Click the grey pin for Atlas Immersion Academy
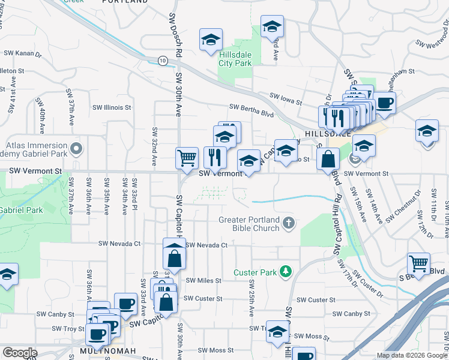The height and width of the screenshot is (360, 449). click(76, 148)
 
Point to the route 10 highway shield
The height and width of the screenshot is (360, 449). click(163, 60)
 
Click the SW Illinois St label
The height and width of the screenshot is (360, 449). click(111, 107)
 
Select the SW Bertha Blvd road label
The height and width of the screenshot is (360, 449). click(251, 107)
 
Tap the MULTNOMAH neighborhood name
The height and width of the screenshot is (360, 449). click(107, 350)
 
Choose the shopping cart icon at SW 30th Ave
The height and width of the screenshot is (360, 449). click(187, 158)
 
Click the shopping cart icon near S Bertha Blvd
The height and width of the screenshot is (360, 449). click(418, 263)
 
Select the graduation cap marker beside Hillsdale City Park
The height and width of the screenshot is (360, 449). click(211, 40)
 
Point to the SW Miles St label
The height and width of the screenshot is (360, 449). click(203, 280)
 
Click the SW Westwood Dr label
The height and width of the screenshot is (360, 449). click(432, 43)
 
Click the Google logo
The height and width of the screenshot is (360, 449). click(20, 353)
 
